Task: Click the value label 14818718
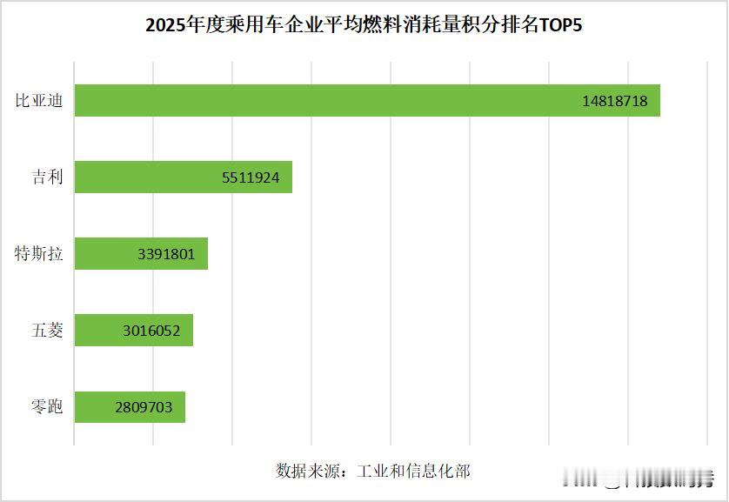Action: tap(615, 101)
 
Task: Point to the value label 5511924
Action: tap(251, 177)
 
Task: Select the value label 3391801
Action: tap(166, 254)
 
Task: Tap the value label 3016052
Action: tap(152, 331)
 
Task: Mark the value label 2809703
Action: tap(145, 407)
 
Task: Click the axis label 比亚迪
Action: tap(39, 101)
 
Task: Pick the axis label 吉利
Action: tap(47, 177)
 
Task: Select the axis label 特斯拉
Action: tap(39, 254)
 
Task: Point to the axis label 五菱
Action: tap(47, 331)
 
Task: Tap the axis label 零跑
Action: tap(47, 407)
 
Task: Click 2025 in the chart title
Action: tap(163, 25)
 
